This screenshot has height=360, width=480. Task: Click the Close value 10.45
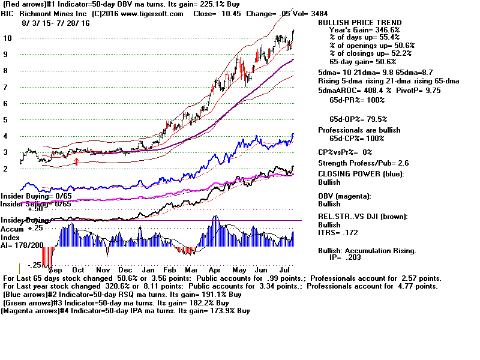tap(234, 14)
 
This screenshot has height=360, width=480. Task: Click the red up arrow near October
tap(76, 160)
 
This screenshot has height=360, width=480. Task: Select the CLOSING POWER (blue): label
tap(361, 174)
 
